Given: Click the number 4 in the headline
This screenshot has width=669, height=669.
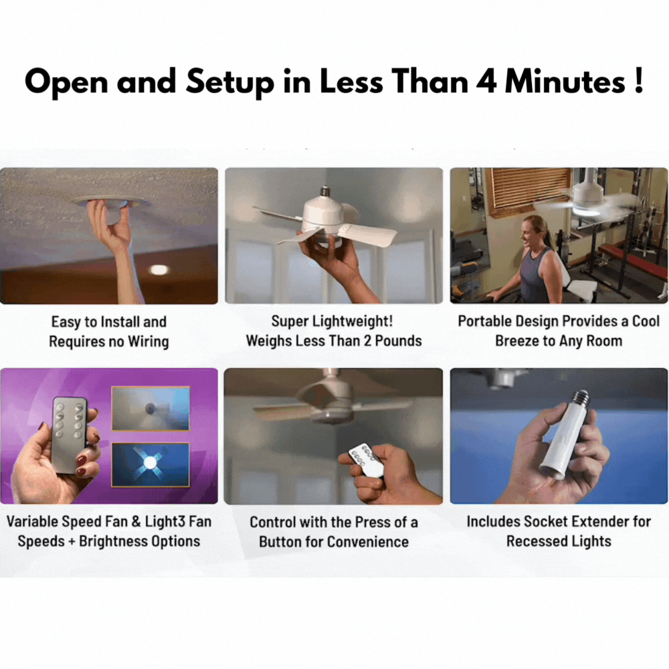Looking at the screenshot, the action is pos(486,81).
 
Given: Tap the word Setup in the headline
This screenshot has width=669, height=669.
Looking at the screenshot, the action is pos(229,82).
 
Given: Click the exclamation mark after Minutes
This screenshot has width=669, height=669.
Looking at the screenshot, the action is pos(638,81).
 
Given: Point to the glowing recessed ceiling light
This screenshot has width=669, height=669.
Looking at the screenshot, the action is pos(159,269).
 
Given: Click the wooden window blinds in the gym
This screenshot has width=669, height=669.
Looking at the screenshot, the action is pos(530,193).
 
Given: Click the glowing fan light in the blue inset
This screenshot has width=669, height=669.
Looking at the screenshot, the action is pos(150,462).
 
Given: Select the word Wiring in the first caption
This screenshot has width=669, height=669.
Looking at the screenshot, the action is pos(149,342).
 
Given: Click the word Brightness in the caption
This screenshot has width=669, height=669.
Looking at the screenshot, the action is pos(112,541).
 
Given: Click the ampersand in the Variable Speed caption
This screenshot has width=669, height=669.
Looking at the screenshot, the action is pos(136,521).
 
